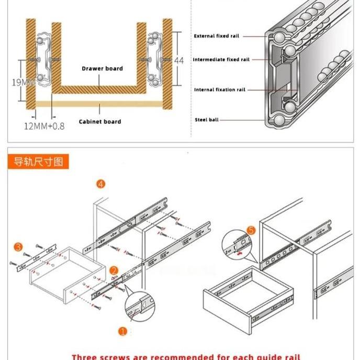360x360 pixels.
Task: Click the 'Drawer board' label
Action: (x=102, y=69)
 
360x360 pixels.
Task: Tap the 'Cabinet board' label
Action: (x=100, y=121)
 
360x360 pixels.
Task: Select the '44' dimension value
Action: (x=179, y=61)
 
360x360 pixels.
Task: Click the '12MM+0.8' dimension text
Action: (x=44, y=126)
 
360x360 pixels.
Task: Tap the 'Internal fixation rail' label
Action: (x=219, y=90)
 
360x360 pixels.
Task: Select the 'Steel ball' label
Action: (x=207, y=120)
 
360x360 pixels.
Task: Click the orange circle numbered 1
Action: (x=122, y=331)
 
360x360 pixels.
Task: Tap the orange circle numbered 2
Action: (x=114, y=271)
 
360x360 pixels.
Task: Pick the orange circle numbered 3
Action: (x=18, y=246)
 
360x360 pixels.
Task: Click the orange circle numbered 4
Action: (x=100, y=184)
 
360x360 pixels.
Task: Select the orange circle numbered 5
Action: (x=251, y=230)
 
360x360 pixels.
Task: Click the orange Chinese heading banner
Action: (x=38, y=161)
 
